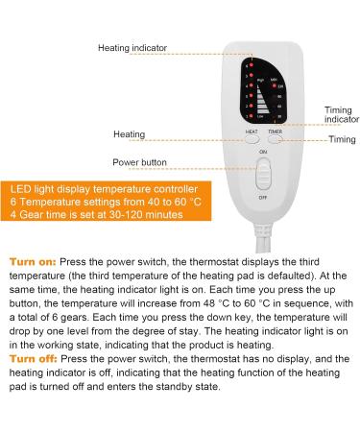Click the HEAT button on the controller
[x=252, y=138]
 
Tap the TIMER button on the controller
[x=276, y=138]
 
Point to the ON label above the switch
[x=263, y=154]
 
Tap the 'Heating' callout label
[x=130, y=134]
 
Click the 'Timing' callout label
[x=342, y=139]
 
